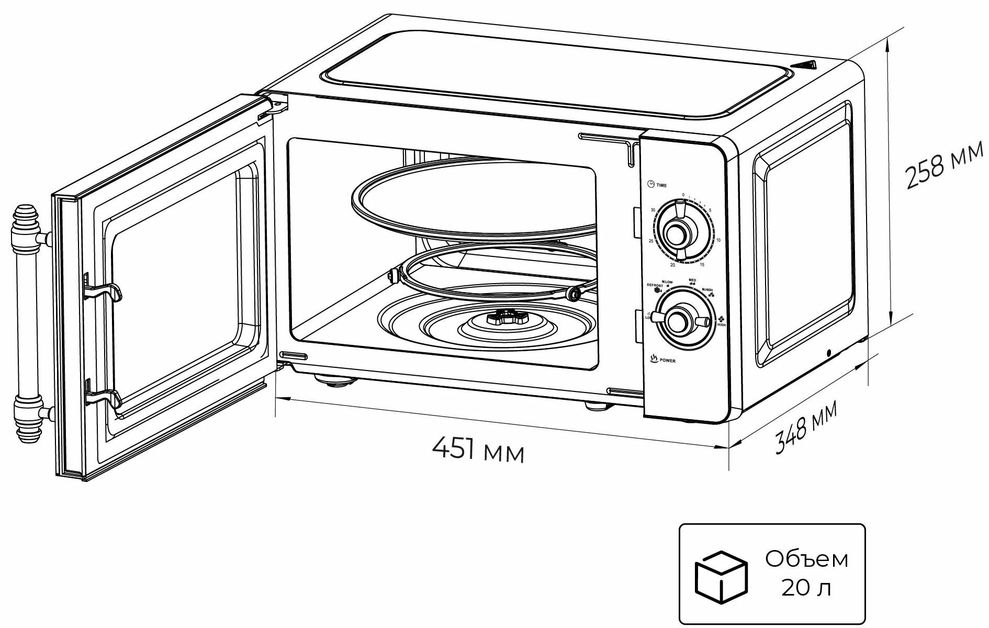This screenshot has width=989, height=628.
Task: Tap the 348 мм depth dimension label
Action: tap(806, 427)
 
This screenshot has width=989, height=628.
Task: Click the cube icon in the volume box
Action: tap(720, 576)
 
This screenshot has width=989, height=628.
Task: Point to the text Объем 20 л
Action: tap(806, 574)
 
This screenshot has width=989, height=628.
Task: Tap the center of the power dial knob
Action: tap(678, 319)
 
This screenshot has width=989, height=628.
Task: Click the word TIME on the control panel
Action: tap(661, 186)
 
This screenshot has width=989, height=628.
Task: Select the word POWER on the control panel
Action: tap(667, 361)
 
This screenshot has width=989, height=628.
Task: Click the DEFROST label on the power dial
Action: tap(655, 285)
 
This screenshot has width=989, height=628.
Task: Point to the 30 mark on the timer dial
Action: tap(653, 210)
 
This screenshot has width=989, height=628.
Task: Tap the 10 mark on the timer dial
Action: tap(718, 240)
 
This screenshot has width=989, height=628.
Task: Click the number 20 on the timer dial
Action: tap(672, 265)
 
